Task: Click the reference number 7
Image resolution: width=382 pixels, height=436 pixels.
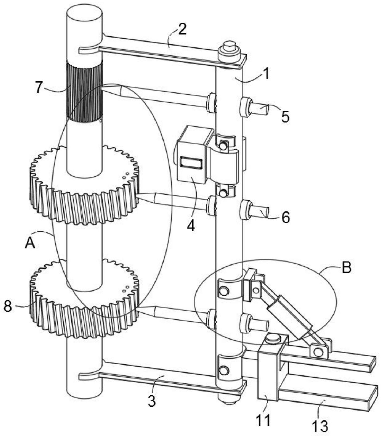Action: [x=39, y=87]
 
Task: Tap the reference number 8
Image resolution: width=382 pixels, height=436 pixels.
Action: [x=8, y=306]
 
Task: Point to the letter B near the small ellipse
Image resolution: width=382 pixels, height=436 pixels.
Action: [x=346, y=268]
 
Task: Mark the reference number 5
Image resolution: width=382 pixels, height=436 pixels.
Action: [x=285, y=117]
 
